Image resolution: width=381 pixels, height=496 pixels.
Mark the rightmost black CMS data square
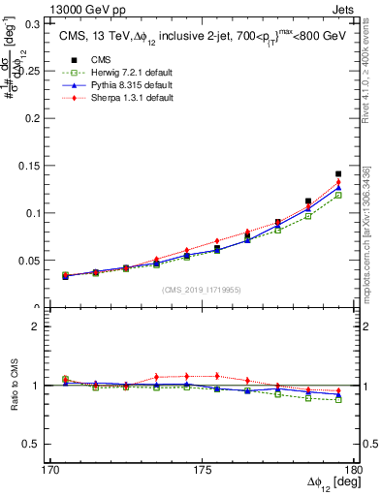tap(338, 174)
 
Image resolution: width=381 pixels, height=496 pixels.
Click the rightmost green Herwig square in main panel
tap(338, 195)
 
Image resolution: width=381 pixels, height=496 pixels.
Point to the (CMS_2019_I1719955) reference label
tap(202, 289)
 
